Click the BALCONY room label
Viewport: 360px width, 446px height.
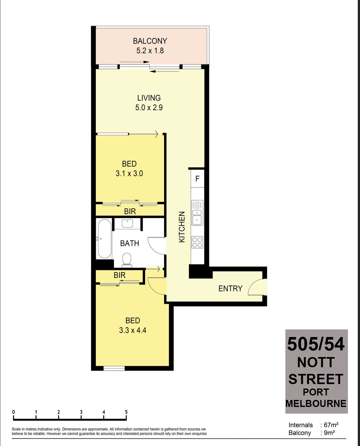click(150, 41)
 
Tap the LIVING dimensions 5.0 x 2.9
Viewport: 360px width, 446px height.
click(149, 108)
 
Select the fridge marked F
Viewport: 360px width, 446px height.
click(197, 179)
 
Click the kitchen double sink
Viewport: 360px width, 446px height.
click(197, 213)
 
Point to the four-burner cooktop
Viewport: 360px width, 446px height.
click(197, 242)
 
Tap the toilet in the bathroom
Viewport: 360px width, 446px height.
click(127, 259)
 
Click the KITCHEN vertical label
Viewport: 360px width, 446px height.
click(182, 227)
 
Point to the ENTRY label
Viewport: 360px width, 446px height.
click(230, 288)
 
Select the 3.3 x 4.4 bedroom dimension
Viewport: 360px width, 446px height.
click(133, 330)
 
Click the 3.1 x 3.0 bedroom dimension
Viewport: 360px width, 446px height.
click(129, 173)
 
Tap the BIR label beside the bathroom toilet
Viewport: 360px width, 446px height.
click(120, 275)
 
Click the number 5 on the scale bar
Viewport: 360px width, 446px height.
click(126, 412)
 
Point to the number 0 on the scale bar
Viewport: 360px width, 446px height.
click(13, 412)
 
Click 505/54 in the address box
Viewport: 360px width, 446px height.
click(316, 344)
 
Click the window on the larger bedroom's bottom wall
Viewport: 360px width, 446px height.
click(114, 368)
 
